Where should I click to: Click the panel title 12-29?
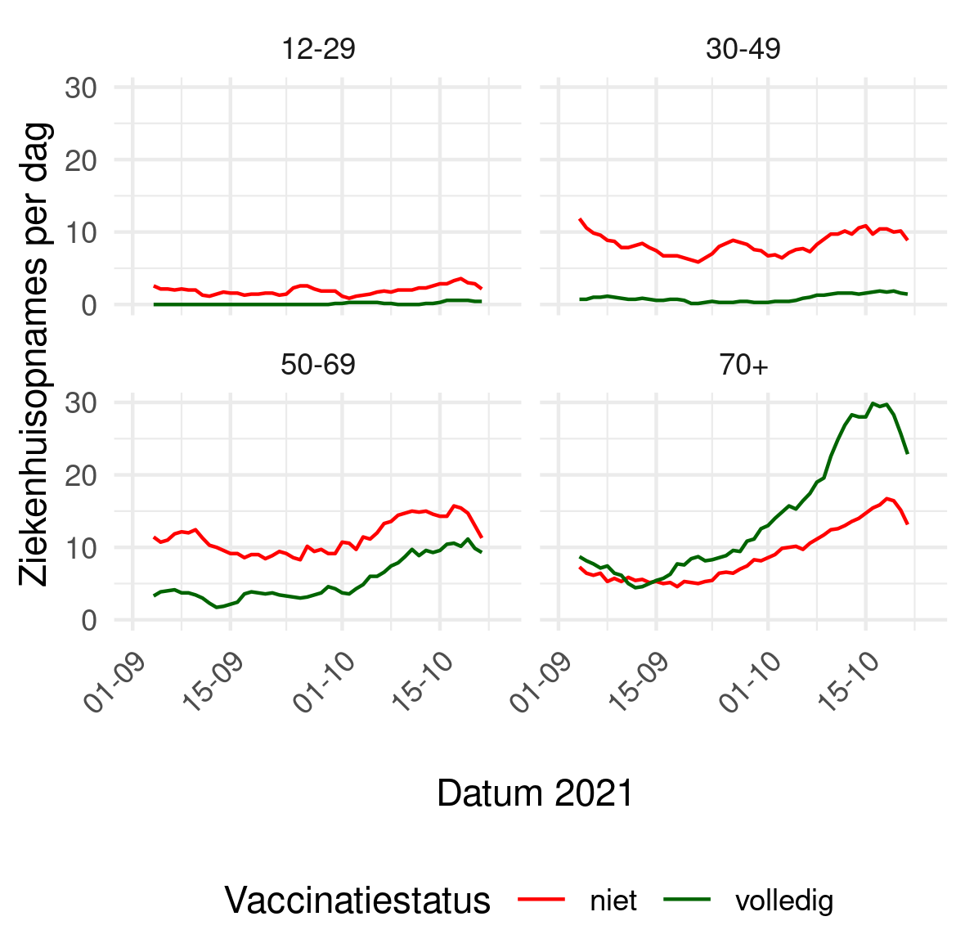coord(318,49)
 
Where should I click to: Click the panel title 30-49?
coord(743,49)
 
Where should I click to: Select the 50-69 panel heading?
coord(318,365)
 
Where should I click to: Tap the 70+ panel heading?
coord(743,365)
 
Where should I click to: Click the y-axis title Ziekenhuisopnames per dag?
coord(35,353)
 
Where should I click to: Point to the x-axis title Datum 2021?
coord(535,793)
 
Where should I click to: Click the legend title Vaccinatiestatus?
coord(357,901)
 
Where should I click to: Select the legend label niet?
coord(613,901)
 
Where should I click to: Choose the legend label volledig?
coord(784,901)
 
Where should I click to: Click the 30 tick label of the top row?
coord(81,88)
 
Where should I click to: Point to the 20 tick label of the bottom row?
coord(81,475)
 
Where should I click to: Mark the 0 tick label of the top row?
coord(89,305)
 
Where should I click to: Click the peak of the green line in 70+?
coord(873,402)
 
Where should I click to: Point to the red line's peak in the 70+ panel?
coord(887,498)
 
